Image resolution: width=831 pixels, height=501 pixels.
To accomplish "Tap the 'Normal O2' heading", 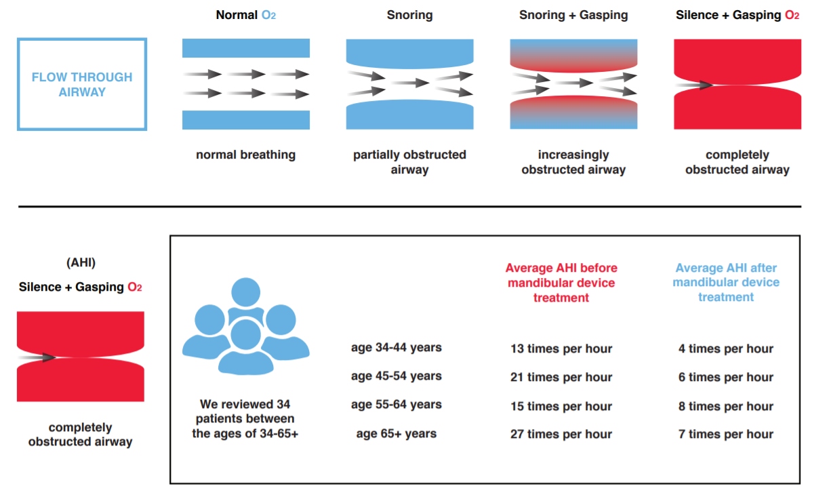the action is click(x=246, y=15).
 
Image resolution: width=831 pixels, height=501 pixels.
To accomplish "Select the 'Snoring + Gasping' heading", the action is click(x=573, y=15).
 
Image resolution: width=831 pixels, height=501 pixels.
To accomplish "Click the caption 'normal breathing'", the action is click(x=245, y=155).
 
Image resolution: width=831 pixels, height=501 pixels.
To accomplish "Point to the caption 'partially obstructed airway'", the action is click(x=409, y=162).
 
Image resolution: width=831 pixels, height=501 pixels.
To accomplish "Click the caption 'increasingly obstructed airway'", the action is click(x=573, y=162).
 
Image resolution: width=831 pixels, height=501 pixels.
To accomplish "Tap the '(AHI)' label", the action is click(x=81, y=263).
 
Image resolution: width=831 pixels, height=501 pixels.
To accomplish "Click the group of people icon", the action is click(x=245, y=327).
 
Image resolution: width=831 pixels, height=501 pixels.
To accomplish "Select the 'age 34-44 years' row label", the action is click(x=397, y=348).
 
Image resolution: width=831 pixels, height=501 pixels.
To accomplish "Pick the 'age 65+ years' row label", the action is click(x=397, y=434).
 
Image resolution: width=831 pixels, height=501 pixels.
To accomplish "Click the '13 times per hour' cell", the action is click(x=561, y=349).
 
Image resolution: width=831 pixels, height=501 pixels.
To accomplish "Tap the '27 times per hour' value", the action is click(x=561, y=434).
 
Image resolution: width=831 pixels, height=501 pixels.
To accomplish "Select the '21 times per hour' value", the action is click(x=561, y=378).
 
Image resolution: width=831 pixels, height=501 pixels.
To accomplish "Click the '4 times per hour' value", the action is click(x=726, y=349).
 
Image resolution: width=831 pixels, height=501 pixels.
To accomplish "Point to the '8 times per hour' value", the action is click(x=726, y=406).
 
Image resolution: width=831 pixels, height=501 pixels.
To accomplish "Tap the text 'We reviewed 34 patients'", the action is click(x=245, y=412).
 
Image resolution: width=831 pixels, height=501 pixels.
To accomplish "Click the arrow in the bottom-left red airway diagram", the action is click(x=37, y=357).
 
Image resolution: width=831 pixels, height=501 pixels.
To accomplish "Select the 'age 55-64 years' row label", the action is click(x=397, y=405).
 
